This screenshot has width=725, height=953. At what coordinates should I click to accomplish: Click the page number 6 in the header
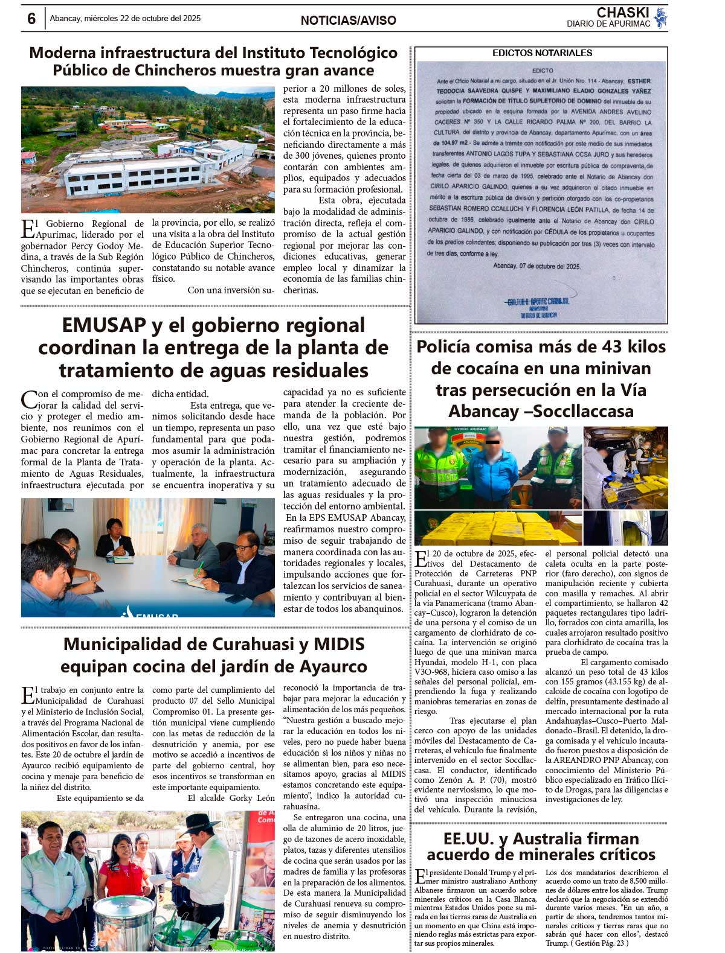pyautogui.click(x=31, y=18)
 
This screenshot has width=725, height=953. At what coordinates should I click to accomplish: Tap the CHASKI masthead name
pyautogui.click(x=622, y=13)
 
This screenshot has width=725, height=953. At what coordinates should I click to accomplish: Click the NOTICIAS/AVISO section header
pyautogui.click(x=348, y=21)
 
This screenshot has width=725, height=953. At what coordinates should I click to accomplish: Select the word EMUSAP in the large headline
pyautogui.click(x=104, y=325)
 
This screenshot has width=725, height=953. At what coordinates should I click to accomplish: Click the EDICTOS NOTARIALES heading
pyautogui.click(x=542, y=53)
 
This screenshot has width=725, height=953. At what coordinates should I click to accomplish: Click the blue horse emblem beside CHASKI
pyautogui.click(x=660, y=18)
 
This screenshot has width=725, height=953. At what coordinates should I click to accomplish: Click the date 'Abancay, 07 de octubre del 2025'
pyautogui.click(x=536, y=266)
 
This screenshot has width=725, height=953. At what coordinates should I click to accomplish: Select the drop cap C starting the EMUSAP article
pyautogui.click(x=28, y=400)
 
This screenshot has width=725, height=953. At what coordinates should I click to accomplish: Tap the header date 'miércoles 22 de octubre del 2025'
pyautogui.click(x=142, y=18)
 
